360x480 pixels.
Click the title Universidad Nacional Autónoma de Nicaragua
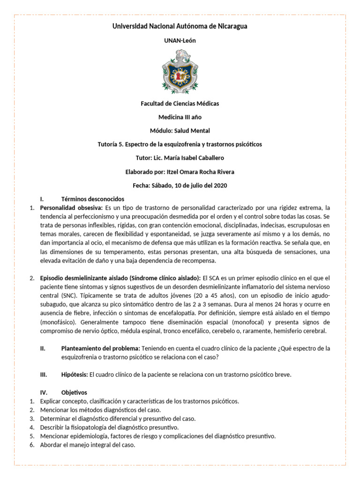tap(180, 26)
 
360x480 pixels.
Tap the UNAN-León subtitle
tap(180, 41)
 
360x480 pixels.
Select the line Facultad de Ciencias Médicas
tap(180, 103)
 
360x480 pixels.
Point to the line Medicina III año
tap(180, 117)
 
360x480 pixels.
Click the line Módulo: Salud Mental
tap(180, 130)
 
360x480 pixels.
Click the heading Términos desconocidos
tap(93, 199)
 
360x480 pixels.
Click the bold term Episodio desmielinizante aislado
tap(88, 278)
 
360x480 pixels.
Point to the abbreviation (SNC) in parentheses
tap(67, 296)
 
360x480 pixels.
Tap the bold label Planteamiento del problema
tap(100, 348)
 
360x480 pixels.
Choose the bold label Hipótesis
tap(74, 374)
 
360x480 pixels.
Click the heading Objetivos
tap(74, 392)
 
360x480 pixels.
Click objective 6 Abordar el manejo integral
tap(88, 445)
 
